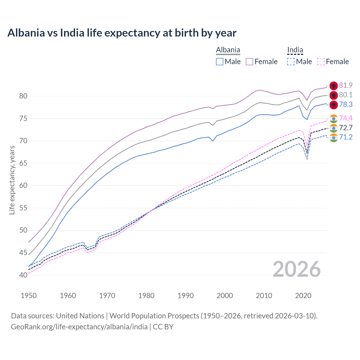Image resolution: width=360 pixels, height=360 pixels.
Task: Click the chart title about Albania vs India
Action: pos(122,33)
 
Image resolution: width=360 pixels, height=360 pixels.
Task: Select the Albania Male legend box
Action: pos(220,62)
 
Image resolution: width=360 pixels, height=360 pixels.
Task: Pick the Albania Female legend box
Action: pos(249,62)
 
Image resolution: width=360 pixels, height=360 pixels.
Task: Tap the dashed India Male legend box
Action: pos(291,62)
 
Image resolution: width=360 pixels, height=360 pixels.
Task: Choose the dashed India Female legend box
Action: pos(321,62)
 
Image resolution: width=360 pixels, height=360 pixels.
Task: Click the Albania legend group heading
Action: pos(228,50)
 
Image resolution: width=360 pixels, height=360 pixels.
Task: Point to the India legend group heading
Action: pos(295,50)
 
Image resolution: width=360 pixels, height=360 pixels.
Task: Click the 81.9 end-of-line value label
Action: pos(346,85)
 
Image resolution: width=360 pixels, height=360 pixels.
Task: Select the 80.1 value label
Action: pos(346,95)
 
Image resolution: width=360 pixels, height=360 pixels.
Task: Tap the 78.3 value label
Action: pos(346,105)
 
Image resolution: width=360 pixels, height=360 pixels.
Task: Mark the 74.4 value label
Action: pos(346,118)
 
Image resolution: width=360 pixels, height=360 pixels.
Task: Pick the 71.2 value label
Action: pos(346,137)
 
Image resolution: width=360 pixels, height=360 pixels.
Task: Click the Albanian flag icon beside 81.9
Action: pos(334,86)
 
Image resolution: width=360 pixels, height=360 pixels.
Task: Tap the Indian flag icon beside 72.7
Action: pos(334,128)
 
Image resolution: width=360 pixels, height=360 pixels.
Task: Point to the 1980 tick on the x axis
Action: pos(146,296)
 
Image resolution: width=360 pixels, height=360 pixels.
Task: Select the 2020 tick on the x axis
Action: pos(303,296)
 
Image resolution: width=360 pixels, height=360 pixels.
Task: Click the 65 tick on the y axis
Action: pos(23,163)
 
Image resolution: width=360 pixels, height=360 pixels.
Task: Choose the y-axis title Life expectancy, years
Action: pos(12,180)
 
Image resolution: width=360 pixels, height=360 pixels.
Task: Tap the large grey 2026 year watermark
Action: pos(297,269)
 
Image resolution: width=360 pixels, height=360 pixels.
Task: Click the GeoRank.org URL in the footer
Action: pos(79,327)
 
